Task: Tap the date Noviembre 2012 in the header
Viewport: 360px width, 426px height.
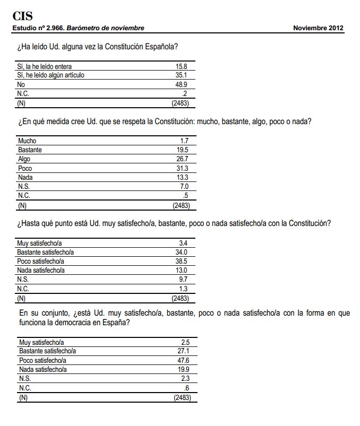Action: point(318,28)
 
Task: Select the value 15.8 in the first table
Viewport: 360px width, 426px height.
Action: point(181,66)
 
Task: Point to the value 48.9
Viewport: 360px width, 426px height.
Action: point(181,84)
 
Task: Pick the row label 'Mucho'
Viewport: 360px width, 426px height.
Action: point(27,141)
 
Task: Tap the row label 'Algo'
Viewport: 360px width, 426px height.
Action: point(24,159)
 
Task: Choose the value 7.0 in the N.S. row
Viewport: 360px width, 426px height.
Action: point(183,186)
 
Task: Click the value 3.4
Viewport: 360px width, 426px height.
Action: point(183,244)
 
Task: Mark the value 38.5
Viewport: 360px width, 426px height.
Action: point(182,262)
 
